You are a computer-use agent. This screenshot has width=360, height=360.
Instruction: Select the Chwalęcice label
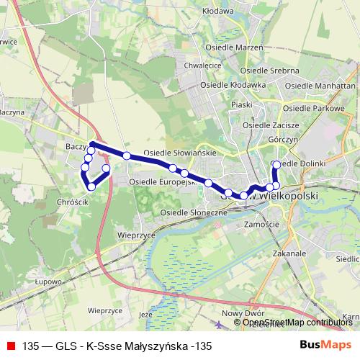coord(202,64)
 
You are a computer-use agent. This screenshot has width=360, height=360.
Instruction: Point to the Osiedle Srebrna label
coord(269,71)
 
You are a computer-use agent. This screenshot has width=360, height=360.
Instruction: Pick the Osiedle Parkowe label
coord(315,108)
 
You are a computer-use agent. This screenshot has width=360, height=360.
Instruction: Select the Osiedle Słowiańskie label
coord(175,153)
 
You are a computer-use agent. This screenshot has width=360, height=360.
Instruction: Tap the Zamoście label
coord(262,225)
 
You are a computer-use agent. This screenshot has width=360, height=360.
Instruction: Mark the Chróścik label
coord(71,203)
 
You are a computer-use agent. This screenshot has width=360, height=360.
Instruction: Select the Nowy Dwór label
coord(240,312)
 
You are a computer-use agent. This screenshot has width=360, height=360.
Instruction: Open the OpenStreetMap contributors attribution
coord(297,323)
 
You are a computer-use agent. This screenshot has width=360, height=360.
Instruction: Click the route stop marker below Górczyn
coord(276,164)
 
